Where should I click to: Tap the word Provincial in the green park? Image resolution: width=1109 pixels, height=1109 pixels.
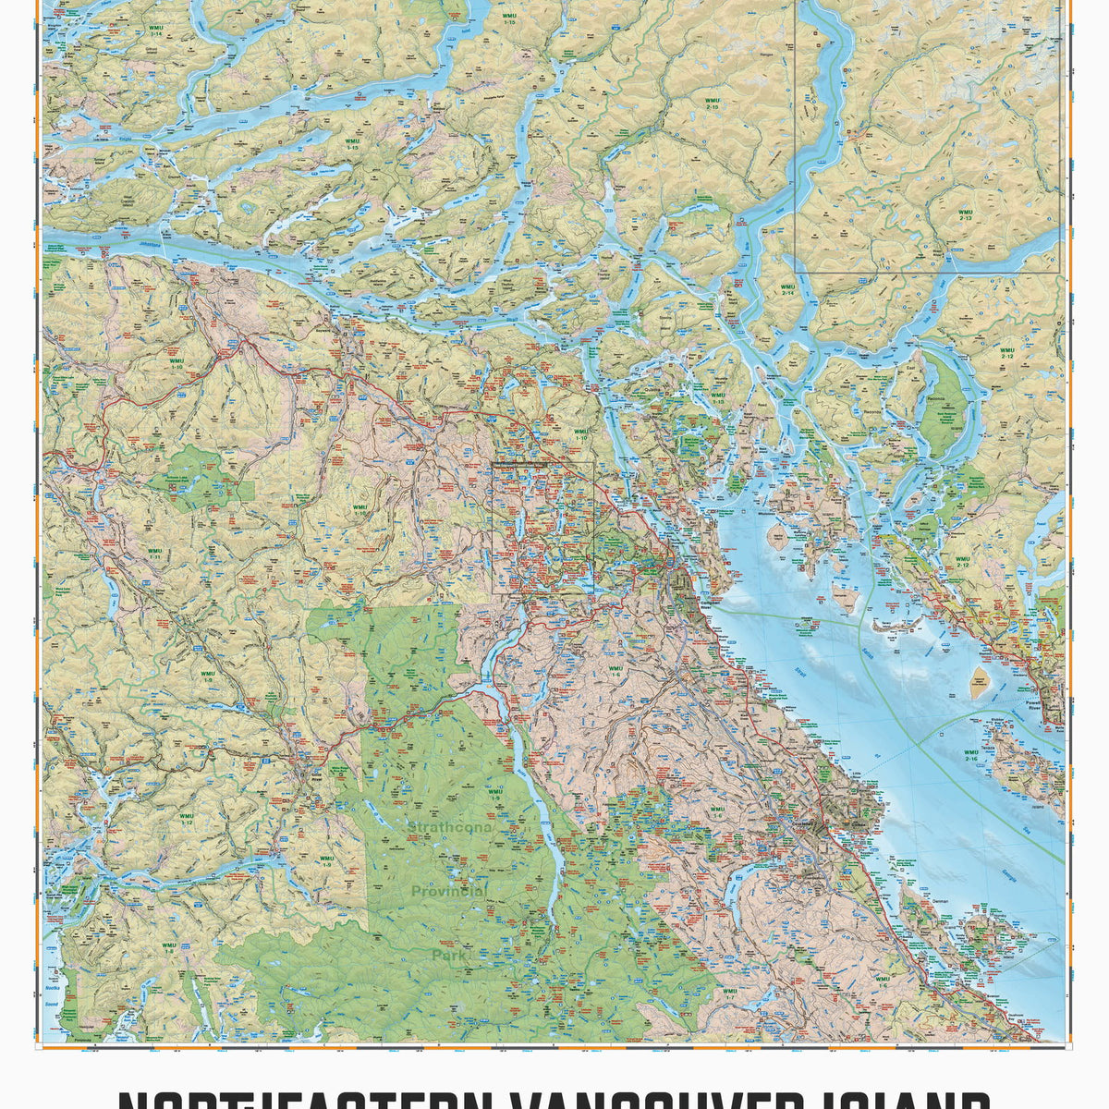pos(449,892)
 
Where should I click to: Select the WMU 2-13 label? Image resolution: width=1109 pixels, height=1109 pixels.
pos(966,215)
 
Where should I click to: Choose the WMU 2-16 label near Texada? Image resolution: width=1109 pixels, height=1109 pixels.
pos(970,757)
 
